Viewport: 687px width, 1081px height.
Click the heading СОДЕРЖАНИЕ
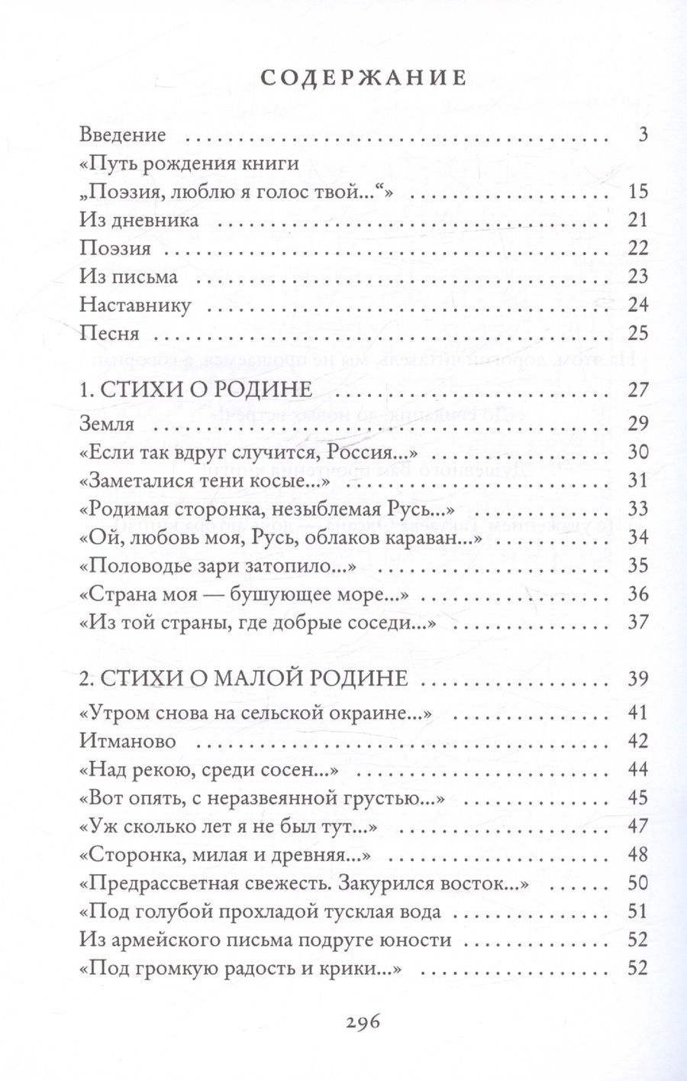(x=363, y=78)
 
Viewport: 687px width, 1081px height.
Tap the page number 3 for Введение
(x=643, y=135)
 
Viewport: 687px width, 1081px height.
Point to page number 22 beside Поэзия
(x=637, y=248)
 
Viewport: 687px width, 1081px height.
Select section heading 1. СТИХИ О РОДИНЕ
(x=196, y=389)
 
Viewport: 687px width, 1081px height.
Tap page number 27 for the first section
(x=637, y=389)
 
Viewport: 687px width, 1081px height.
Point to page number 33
(x=637, y=509)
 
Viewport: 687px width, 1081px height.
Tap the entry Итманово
(x=127, y=741)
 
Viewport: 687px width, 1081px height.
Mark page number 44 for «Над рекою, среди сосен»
(x=637, y=769)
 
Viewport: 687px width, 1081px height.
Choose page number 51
(x=637, y=911)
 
